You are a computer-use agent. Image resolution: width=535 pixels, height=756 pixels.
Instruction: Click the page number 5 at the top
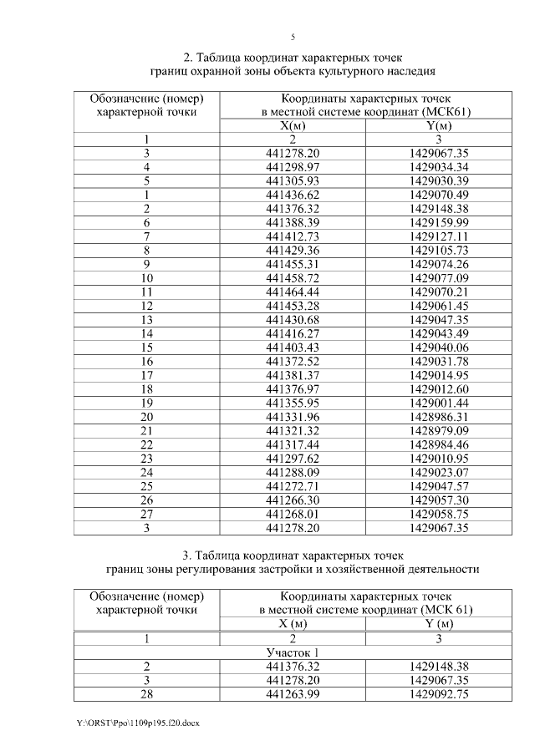293,38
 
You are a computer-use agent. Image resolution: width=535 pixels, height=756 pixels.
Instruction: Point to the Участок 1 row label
293,652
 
